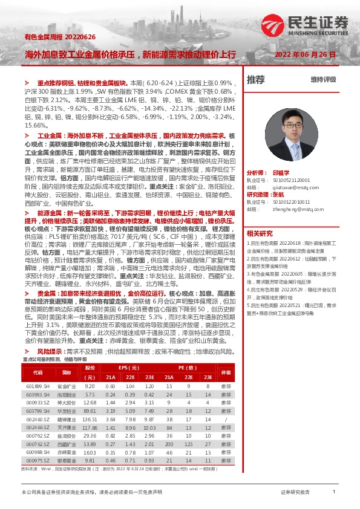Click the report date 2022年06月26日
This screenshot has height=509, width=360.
tap(301, 54)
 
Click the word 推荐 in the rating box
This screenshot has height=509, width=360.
tap(256, 79)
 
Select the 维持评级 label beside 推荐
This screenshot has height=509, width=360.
tap(323, 79)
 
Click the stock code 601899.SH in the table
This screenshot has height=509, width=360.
tap(38, 385)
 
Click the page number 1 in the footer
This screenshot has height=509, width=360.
tap(333, 493)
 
